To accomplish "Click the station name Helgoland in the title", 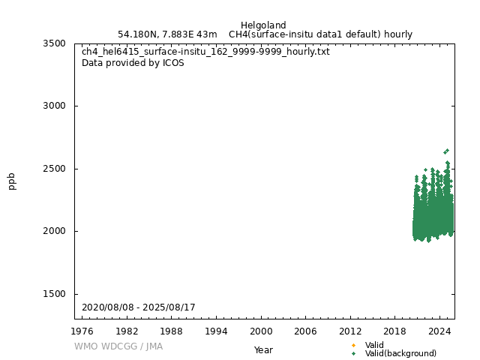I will [263, 25].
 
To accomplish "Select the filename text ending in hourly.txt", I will [205, 52].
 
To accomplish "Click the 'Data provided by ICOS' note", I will [133, 63].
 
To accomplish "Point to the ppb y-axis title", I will [12, 181].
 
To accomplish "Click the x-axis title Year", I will [263, 349].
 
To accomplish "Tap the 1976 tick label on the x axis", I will [82, 331].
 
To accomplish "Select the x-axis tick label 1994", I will [217, 331].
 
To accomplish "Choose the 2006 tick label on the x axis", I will [306, 331].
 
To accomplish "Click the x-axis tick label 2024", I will [439, 331].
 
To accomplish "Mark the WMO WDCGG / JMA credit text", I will [118, 346].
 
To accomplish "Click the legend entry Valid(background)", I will [400, 353].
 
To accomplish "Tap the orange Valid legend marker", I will [354, 345].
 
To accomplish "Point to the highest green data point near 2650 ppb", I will [447, 151].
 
